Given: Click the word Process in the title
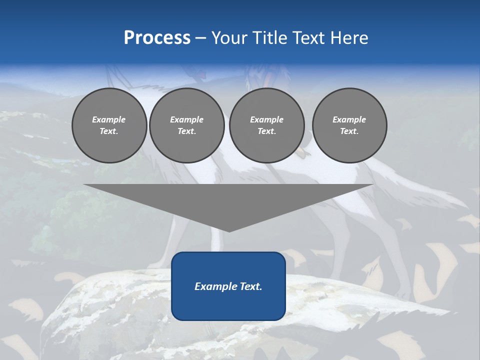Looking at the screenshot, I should [x=157, y=38].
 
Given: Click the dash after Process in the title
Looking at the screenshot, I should [x=200, y=38].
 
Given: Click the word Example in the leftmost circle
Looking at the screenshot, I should [x=109, y=119].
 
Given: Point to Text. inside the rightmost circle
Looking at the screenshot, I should [x=349, y=131].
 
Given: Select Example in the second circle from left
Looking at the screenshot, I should [x=186, y=119].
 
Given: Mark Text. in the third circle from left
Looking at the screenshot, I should [x=266, y=131].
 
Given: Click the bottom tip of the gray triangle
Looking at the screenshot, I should [x=229, y=230].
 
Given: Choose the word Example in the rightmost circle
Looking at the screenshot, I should [x=349, y=119].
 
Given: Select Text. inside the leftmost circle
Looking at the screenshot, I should [x=109, y=131].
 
